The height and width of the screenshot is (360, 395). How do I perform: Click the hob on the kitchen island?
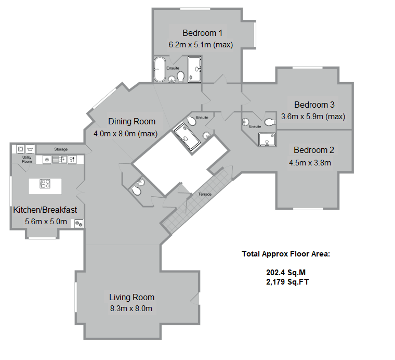(45, 184)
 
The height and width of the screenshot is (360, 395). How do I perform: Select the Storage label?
(61, 149)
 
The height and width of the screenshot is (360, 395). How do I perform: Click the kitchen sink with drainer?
(59, 159)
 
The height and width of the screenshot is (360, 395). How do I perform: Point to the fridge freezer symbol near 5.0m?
(79, 224)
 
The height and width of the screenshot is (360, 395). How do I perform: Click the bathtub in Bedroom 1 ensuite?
(158, 70)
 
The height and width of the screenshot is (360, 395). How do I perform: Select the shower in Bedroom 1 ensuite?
(194, 70)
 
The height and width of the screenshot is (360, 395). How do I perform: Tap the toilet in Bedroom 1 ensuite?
(180, 77)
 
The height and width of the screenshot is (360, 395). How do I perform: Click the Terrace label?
(205, 194)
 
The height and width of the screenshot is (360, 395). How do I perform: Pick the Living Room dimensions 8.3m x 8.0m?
(131, 308)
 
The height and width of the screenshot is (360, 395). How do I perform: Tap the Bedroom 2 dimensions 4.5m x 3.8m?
(310, 162)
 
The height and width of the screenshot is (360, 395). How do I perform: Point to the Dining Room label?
(131, 122)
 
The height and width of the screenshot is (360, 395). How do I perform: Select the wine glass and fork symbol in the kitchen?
(72, 159)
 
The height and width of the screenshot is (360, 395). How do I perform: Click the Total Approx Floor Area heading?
(286, 254)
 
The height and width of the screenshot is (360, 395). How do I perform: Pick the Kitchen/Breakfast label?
(45, 210)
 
